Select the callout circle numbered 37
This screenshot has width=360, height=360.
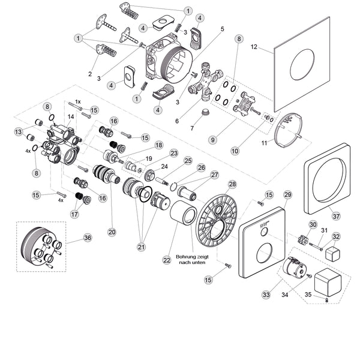[x=335, y=216]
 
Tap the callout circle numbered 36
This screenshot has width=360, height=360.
[x=88, y=238]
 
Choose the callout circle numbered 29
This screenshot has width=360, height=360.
[x=287, y=195]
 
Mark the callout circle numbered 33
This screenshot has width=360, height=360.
[x=266, y=294]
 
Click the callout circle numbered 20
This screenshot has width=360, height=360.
[x=112, y=232]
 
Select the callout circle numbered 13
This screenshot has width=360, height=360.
[x=19, y=131]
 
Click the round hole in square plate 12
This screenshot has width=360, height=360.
[x=302, y=65]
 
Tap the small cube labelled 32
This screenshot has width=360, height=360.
[x=333, y=254]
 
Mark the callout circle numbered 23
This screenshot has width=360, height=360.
[x=173, y=153]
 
